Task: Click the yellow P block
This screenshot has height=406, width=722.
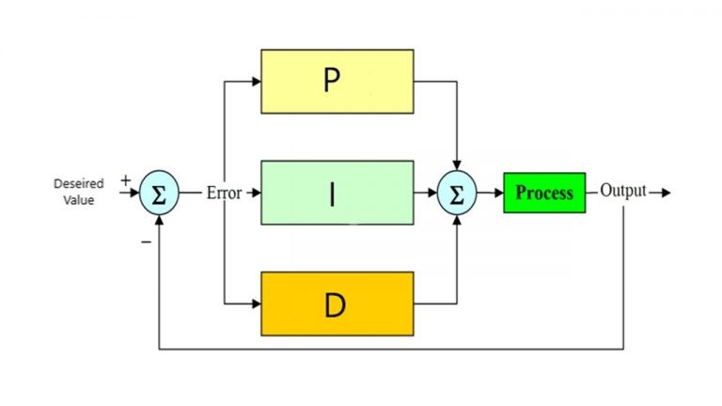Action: (337, 81)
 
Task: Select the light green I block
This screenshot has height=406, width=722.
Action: (337, 193)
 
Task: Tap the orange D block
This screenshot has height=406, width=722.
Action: (337, 303)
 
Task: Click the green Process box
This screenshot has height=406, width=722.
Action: (543, 193)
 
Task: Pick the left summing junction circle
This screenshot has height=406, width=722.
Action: (159, 193)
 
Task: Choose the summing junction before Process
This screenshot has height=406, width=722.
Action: (457, 193)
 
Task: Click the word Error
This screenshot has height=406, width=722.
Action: (224, 193)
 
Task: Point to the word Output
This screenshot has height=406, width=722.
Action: (623, 192)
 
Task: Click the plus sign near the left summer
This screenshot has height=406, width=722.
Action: (126, 180)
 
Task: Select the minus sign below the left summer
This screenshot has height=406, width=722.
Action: (146, 242)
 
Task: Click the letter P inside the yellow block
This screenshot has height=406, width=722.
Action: (331, 81)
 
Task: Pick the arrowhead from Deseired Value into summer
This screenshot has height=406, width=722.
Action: (134, 193)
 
